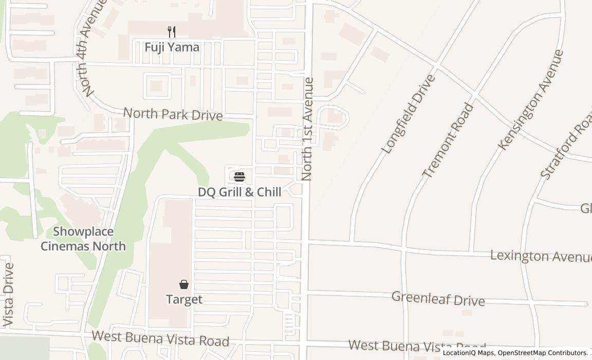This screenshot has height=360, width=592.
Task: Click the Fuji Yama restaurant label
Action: pos(172,47)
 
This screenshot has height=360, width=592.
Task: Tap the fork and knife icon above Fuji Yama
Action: pos(172,32)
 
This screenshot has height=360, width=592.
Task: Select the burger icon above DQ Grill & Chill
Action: pos(239,177)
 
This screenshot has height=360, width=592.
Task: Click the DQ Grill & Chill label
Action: pos(239,192)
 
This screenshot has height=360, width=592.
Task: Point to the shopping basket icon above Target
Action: pos(183,284)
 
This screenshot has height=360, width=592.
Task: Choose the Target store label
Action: pos(183,299)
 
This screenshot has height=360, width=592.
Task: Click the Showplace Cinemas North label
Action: pos(83,239)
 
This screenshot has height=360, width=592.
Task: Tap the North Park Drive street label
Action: pos(173,114)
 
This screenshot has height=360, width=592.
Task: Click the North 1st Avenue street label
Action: pos(308,129)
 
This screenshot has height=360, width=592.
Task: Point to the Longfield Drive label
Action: pos(409,114)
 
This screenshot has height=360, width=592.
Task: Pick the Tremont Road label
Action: pos(448,140)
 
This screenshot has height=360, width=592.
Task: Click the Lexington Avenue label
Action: pos(540,256)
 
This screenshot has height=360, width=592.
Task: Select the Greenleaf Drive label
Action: pos(438,298)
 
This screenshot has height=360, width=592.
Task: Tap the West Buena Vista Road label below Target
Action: pos(160,338)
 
